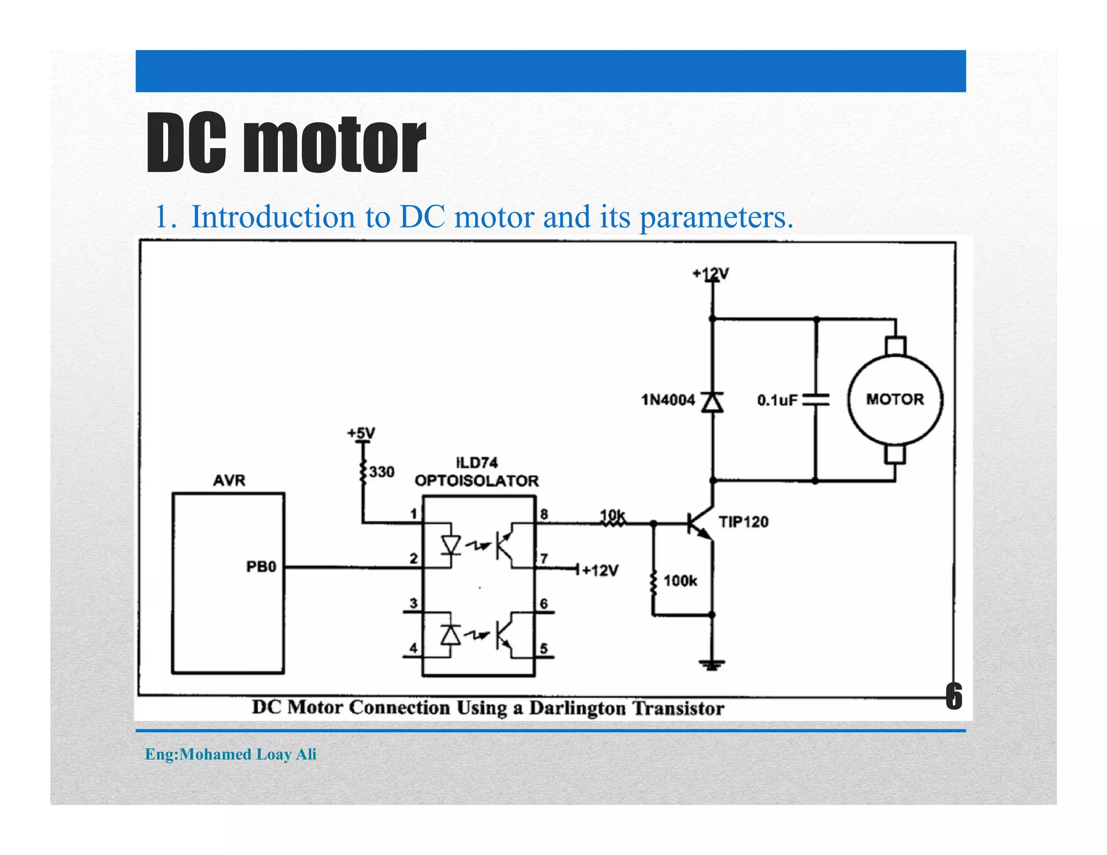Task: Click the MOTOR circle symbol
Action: coord(895,400)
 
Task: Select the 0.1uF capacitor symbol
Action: coord(816,400)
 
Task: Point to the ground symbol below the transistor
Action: coord(712,664)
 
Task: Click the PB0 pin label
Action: coord(261,567)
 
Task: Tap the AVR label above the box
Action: coord(229,480)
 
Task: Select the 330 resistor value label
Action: coord(382,472)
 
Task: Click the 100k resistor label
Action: coord(680,581)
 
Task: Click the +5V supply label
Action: coord(361,433)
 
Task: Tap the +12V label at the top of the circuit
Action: coord(711,274)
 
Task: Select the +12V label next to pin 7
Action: coord(600,571)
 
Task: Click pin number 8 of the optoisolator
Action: coord(544,514)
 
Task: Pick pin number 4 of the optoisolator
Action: coord(414,647)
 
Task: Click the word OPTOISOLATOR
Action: coord(476,481)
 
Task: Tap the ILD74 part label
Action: coord(477,463)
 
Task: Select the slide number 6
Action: coord(953,696)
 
